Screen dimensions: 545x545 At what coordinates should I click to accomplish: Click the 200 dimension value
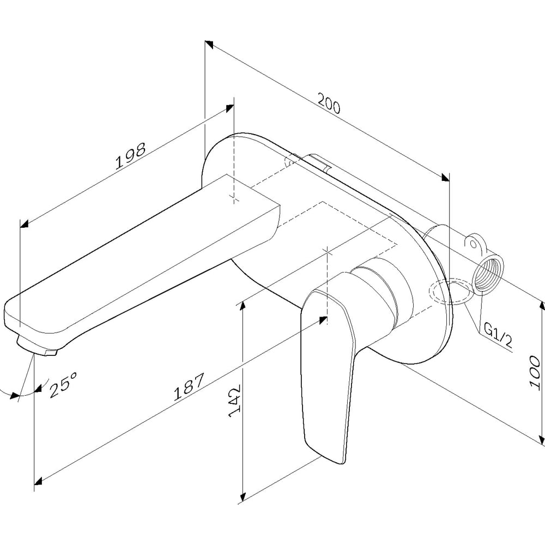(329, 103)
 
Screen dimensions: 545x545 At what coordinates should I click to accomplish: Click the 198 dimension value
(131, 156)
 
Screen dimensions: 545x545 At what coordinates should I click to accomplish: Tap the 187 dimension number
(189, 387)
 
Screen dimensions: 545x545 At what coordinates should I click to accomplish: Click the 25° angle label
(63, 384)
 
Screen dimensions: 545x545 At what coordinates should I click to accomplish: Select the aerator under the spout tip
(36, 346)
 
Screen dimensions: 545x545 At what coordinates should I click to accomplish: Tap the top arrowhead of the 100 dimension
(542, 307)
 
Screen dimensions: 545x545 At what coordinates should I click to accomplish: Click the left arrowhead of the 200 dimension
(209, 44)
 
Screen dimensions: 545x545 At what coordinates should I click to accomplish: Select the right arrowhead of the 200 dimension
(444, 177)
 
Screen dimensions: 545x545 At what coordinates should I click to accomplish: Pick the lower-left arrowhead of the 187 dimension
(39, 481)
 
